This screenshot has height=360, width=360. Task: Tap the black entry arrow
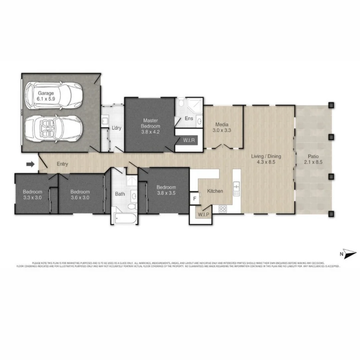point(30,164)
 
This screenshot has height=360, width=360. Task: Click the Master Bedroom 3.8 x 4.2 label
point(150,126)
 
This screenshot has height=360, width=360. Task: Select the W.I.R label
point(188,141)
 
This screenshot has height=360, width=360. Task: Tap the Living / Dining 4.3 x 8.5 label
point(269,159)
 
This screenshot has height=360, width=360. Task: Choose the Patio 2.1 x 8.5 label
point(313,159)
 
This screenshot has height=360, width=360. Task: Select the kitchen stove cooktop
point(222,209)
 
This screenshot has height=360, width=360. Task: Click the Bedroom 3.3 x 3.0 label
point(32,194)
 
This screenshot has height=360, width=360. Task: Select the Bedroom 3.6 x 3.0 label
point(80,194)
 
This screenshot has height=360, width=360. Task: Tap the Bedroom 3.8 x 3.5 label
point(166,190)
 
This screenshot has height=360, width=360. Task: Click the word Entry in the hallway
point(62,164)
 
